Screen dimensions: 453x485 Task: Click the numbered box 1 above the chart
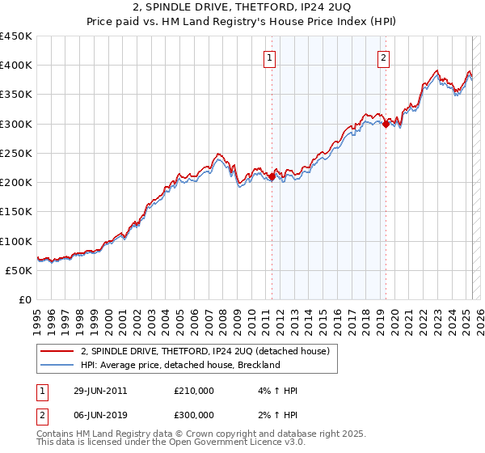pos(268,57)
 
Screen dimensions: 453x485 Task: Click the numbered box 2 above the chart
pos(382,57)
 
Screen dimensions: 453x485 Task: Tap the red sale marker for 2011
pos(272,176)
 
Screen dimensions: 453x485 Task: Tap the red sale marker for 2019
pos(386,124)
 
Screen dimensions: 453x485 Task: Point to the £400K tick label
pos(16,66)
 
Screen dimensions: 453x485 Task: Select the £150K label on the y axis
pos(16,212)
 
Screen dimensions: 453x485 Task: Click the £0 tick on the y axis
pos(25,300)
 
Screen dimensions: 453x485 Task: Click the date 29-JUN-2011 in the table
pos(100,391)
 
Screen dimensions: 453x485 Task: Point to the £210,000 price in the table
pos(194,391)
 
